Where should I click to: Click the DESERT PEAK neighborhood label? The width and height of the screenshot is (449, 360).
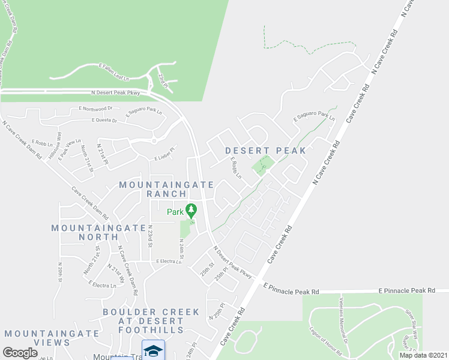coord(266,151)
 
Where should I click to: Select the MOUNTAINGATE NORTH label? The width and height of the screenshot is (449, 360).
coord(98,232)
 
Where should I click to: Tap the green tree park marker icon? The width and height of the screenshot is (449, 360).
coord(191,211)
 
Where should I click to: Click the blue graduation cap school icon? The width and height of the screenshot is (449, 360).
coord(153,349)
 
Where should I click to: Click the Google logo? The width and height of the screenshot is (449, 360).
coord(20,353)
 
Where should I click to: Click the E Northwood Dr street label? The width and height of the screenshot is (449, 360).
coord(95,109)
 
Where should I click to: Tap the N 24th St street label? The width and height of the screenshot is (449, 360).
coord(181,248)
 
